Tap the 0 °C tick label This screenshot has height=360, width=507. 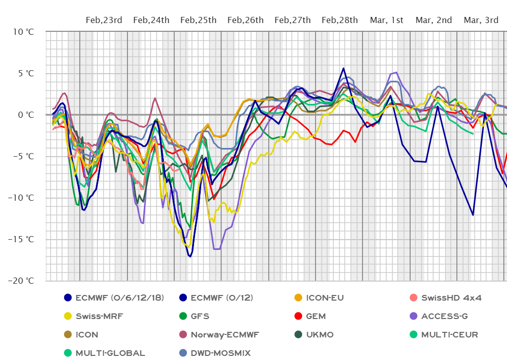coord(26,115)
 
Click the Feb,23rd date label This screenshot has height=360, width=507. coord(104,20)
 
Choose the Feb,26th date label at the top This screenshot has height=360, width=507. coord(245,20)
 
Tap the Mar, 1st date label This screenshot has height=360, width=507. coord(387,20)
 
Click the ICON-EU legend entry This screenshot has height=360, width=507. coord(324,298)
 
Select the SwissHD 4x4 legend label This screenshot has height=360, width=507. coord(451,298)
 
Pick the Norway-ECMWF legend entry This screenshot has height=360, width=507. coord(225,334)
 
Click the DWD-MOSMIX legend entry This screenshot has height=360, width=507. coord(220,353)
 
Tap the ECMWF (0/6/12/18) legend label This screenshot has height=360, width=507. coord(119,298)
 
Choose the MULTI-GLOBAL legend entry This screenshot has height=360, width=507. coord(110,353)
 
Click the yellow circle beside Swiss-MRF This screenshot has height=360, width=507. coord(68,316)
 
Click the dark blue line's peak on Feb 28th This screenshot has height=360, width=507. coord(343,68)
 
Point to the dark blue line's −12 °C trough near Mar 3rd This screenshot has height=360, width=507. coord(473,215)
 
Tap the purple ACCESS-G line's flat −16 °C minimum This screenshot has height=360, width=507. coord(217,249)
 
